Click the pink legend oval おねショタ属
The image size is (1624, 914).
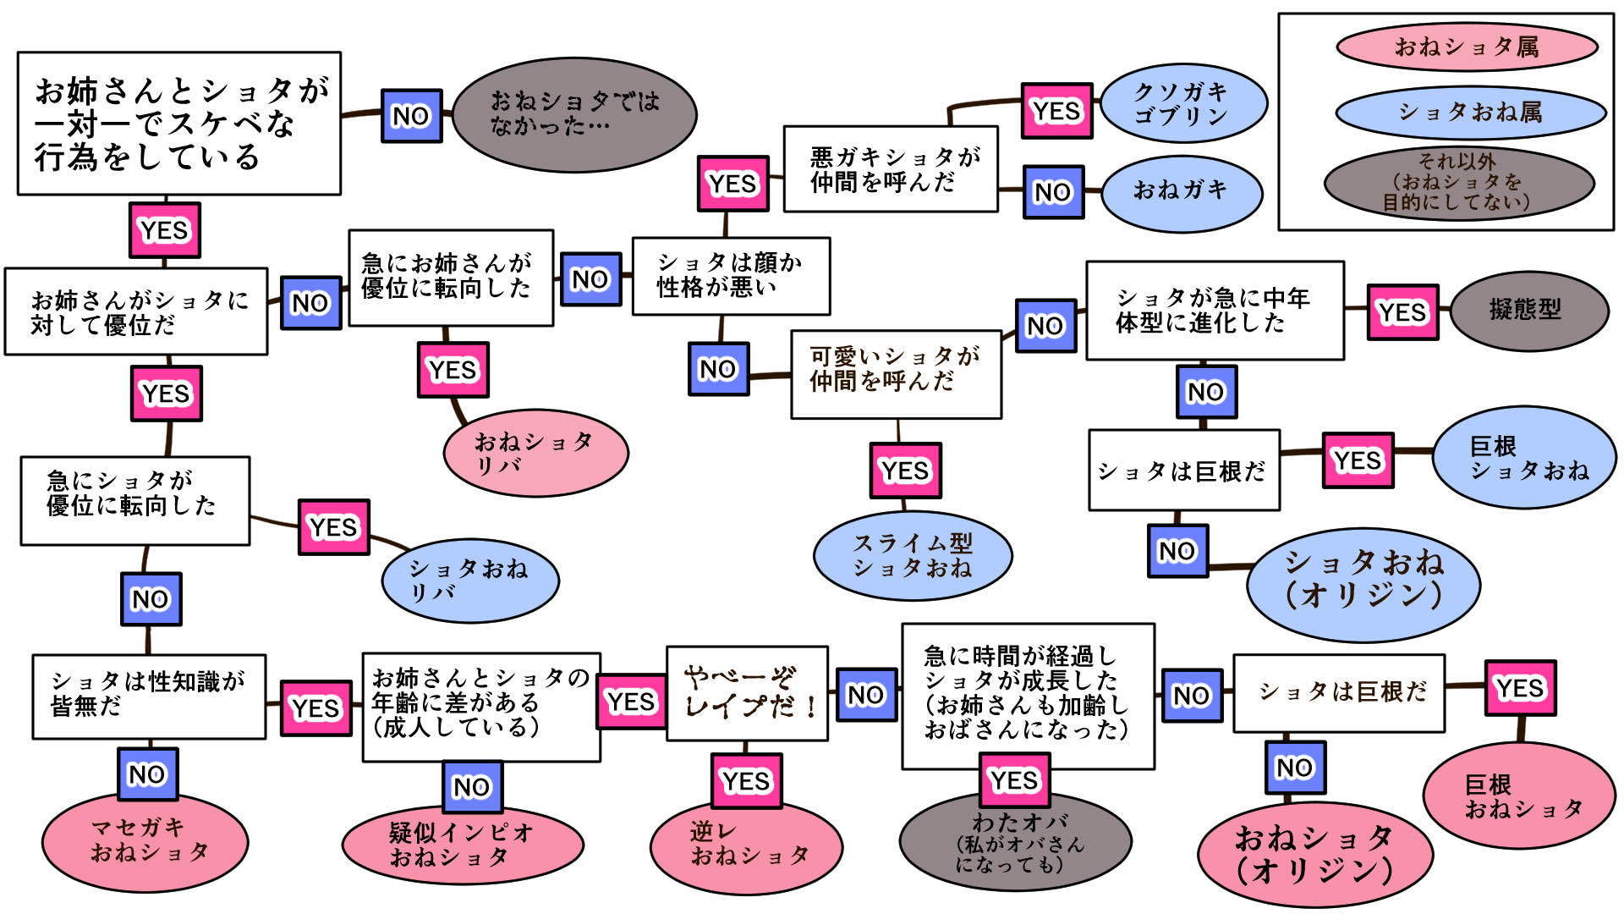pos(1467,47)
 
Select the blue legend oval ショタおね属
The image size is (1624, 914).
pos(1470,112)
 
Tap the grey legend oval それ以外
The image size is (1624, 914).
pos(1458,181)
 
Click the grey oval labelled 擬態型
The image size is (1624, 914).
pos(1528,310)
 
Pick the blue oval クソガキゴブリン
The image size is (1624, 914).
pos(1182,103)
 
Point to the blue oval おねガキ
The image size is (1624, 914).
pos(1182,191)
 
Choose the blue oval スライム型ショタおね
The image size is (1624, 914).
pos(912,555)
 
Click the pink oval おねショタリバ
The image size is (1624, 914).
pos(535,452)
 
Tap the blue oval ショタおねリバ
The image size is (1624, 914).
pos(469,581)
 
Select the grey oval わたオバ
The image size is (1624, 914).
pos(1015,843)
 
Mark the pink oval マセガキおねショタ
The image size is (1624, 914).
pos(145,841)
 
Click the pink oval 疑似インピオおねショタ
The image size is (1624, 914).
pos(462,845)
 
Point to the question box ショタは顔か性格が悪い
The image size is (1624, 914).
pos(731,276)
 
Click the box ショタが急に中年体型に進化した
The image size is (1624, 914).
pos(1215,311)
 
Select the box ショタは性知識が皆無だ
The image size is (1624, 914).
pos(149,696)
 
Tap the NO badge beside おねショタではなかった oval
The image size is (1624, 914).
pos(411,116)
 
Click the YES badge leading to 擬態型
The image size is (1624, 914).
pos(1402,312)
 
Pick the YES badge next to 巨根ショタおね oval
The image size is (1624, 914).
pos(1358,460)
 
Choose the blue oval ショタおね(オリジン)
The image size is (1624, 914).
pos(1363,580)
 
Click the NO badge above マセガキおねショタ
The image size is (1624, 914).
pos(147,774)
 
